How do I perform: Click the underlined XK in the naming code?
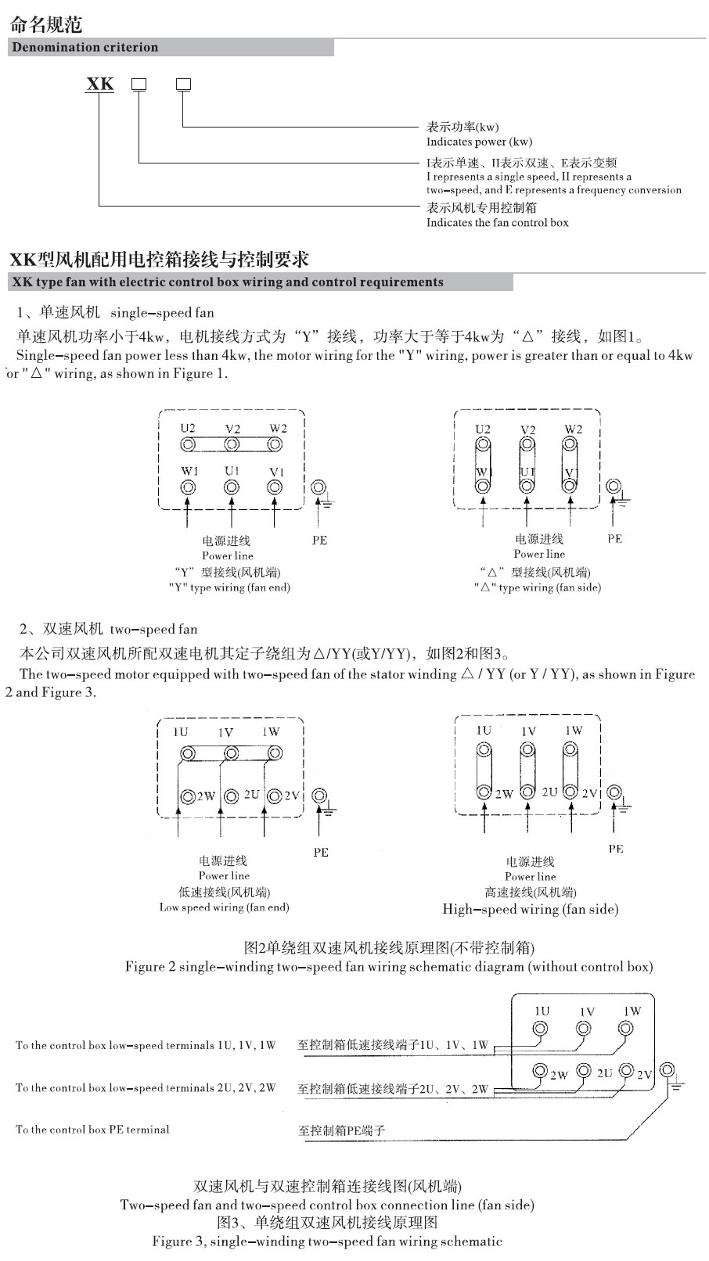coord(99,84)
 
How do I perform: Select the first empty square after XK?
coord(139,84)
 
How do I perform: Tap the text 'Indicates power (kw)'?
coord(479,142)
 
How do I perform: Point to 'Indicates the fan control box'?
coord(497,222)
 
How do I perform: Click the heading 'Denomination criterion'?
coord(85,47)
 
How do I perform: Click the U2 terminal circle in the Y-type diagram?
coord(188,444)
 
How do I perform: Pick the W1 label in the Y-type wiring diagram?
coord(189,471)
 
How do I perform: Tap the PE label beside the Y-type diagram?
coord(319,540)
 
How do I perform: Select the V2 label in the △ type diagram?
coord(527,429)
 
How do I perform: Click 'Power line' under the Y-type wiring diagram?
coord(228,555)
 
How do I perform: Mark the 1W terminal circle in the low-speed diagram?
coord(274,753)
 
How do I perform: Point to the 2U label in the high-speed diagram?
coord(549,792)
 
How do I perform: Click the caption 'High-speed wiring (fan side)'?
coord(530,909)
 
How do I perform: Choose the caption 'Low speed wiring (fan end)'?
coord(224,907)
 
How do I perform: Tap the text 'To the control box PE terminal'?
coord(92,1129)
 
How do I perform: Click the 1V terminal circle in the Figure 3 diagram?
coord(584,1029)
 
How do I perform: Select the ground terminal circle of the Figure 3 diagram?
coord(668,1070)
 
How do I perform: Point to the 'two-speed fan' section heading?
coord(153,629)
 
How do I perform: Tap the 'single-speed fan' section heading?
coord(162,313)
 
